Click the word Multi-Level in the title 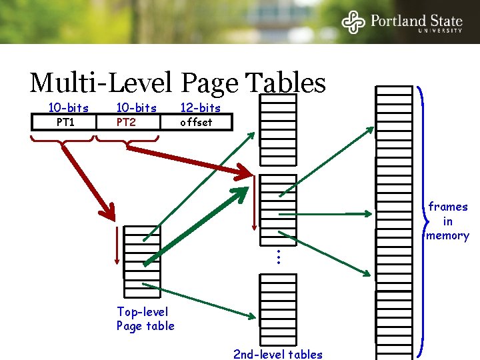coord(101,83)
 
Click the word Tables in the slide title coord(286,83)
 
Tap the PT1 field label coord(65,122)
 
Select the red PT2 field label coord(126,122)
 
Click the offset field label coord(196,122)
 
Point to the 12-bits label coord(200,108)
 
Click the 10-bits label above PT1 coord(68,108)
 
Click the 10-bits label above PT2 coord(136,108)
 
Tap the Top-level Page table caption coord(145,319)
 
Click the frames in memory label coord(447,221)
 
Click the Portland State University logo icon coord(353,22)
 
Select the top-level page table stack coord(142,260)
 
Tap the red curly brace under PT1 coord(63,141)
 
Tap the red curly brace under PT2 coord(127,141)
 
